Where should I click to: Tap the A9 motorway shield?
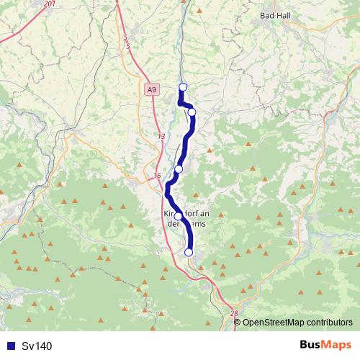pyautogui.click(x=150, y=90)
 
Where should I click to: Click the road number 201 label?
pyautogui.click(x=48, y=4)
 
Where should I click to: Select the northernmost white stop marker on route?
pyautogui.click(x=182, y=87)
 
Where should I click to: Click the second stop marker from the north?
pyautogui.click(x=192, y=112)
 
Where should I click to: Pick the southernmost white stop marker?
pyautogui.click(x=189, y=252)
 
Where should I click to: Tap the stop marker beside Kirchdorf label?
pyautogui.click(x=178, y=216)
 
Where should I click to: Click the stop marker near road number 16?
pyautogui.click(x=179, y=168)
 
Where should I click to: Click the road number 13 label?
pyautogui.click(x=160, y=136)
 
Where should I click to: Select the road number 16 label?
pyautogui.click(x=157, y=176)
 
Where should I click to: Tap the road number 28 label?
pyautogui.click(x=234, y=313)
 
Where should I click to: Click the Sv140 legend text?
pyautogui.click(x=37, y=346)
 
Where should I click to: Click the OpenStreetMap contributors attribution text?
pyautogui.click(x=297, y=323)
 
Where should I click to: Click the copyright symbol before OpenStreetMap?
pyautogui.click(x=238, y=323)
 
